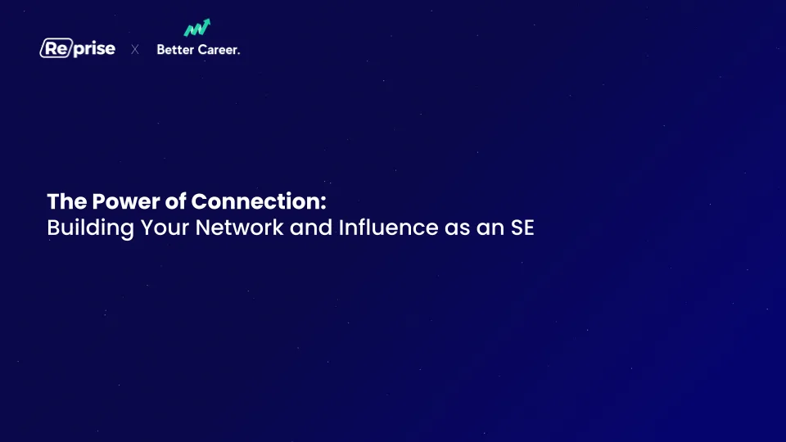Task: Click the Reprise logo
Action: (78, 48)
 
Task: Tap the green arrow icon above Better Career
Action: (197, 28)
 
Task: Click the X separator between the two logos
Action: (135, 49)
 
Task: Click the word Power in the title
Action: (126, 201)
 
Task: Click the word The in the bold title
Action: (67, 201)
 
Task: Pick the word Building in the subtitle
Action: (91, 228)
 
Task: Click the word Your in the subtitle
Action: (165, 228)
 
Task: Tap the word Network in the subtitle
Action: (240, 228)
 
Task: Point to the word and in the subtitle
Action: (311, 228)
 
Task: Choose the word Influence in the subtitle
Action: (388, 228)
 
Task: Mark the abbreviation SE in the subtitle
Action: (522, 228)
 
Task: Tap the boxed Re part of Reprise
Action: (56, 48)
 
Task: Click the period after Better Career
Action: (238, 53)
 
